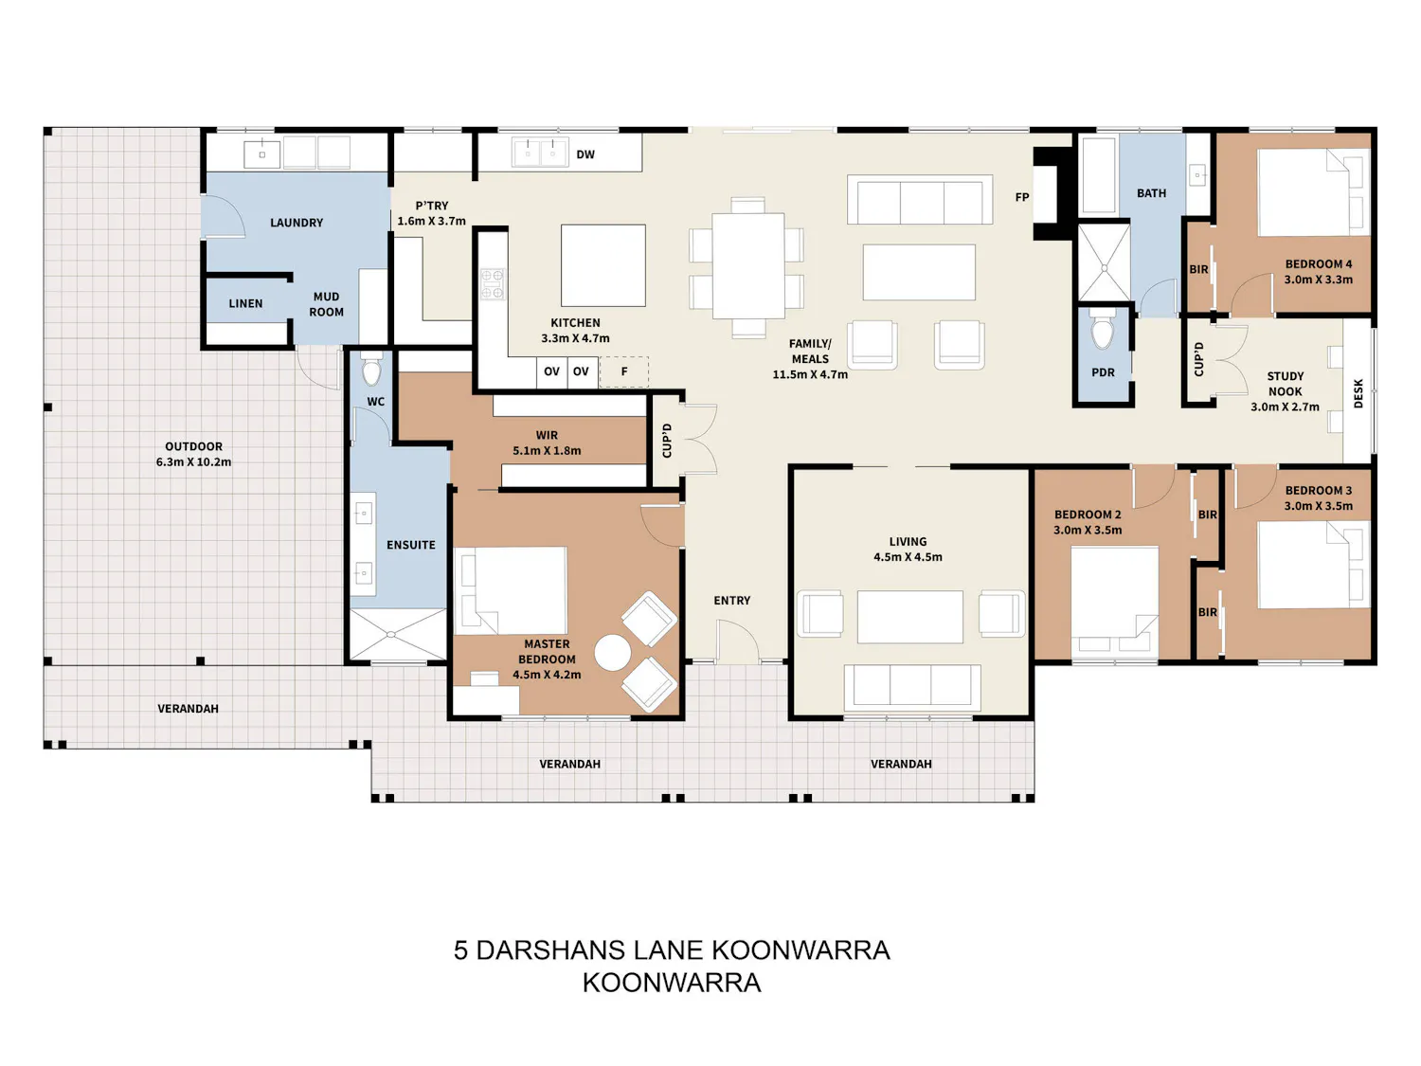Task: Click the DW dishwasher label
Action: [585, 154]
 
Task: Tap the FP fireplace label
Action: [1021, 197]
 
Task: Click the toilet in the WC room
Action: [371, 370]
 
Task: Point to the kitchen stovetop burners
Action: [493, 284]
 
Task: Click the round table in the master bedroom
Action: [612, 653]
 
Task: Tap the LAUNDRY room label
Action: [297, 223]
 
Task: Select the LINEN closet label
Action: [245, 303]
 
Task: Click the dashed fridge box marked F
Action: [623, 371]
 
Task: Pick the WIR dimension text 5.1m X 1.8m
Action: [547, 450]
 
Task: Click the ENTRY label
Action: [731, 600]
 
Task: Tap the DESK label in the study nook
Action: [1358, 393]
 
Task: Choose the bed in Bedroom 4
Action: [1313, 192]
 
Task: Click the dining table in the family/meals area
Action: [747, 265]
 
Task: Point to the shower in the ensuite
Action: [398, 634]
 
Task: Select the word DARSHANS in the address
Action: [551, 949]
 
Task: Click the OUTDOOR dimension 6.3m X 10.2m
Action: [193, 461]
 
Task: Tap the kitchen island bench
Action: [603, 264]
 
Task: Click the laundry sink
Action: [261, 154]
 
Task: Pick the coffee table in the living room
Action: [909, 616]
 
